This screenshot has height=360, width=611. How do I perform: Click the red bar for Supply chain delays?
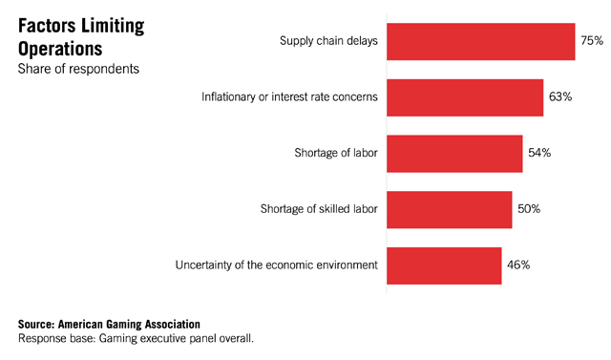481,42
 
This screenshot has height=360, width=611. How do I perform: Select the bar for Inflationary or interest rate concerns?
465,97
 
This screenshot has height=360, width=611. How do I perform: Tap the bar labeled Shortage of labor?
454,154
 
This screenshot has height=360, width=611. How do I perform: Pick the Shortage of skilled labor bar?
450,210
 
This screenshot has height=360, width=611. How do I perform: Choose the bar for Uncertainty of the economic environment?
444,265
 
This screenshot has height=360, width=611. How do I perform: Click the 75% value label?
592,40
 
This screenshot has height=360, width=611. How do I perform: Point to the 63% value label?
560,96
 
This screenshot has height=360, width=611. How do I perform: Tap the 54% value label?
539,153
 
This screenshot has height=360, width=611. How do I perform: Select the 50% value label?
529,209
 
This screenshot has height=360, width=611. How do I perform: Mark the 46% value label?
518,265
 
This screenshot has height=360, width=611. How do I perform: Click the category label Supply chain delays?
328,41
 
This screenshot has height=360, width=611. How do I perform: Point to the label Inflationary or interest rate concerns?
289,96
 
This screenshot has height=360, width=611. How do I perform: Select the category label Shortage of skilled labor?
319,209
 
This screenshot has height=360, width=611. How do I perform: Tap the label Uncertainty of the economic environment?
276,265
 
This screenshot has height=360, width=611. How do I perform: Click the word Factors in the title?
47,26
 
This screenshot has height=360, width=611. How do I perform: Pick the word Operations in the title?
60,50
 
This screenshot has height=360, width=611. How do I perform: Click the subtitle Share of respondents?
78,69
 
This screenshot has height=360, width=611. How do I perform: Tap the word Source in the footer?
36,324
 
